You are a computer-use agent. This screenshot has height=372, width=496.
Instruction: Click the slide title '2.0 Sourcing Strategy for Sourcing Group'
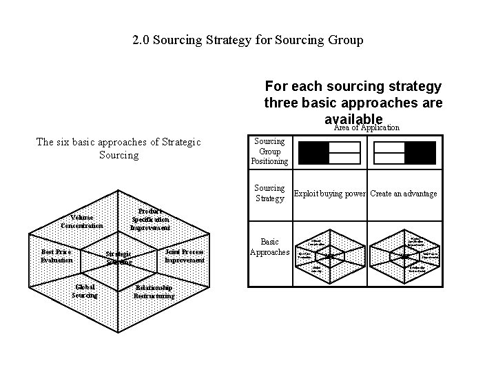tap(248, 40)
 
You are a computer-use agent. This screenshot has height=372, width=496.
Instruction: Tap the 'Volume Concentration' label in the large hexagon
tap(82, 222)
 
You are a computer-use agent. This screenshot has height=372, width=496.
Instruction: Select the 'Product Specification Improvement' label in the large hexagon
tap(150, 219)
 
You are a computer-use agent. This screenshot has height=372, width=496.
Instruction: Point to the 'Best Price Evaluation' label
tap(56, 256)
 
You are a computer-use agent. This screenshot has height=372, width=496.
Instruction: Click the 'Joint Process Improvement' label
tap(185, 256)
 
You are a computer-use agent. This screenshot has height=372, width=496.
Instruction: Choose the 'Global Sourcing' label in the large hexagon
tap(84, 291)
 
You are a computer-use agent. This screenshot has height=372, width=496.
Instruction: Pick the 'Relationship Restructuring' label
tap(154, 291)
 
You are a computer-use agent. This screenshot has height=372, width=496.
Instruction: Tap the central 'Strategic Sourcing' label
tap(119, 258)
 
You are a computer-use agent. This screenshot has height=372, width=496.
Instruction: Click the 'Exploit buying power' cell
tap(330, 194)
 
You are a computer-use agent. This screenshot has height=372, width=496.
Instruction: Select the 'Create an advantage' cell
tap(404, 194)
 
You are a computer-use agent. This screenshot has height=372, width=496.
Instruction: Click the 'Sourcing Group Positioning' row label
tap(271, 152)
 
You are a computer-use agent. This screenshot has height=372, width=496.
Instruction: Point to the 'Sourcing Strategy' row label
tap(269, 193)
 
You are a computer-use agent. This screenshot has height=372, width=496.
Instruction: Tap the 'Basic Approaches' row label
tap(270, 247)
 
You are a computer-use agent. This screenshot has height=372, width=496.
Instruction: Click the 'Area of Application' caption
tap(366, 127)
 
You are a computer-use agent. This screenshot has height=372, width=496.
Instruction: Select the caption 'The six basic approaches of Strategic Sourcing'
tap(118, 148)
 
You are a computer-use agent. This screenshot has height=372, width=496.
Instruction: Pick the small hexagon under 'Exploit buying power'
tap(329, 255)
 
